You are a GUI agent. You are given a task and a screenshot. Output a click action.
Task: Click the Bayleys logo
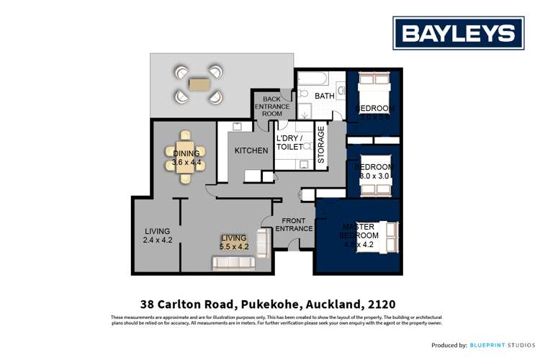point(458,32)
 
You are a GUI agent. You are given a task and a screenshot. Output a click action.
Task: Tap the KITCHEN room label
point(251,150)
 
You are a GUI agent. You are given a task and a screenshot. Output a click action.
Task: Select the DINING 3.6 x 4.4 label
point(186,158)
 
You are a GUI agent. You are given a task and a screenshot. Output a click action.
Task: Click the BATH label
point(325,96)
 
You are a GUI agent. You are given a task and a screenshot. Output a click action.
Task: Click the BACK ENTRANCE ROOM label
point(271,106)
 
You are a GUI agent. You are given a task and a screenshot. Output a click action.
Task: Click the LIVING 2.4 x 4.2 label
point(157,235)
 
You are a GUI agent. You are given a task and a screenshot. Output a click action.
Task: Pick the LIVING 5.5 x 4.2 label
point(234,242)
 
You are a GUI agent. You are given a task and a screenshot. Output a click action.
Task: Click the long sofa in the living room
point(233,264)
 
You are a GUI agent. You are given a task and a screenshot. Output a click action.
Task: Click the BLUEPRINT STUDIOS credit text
point(500,345)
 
